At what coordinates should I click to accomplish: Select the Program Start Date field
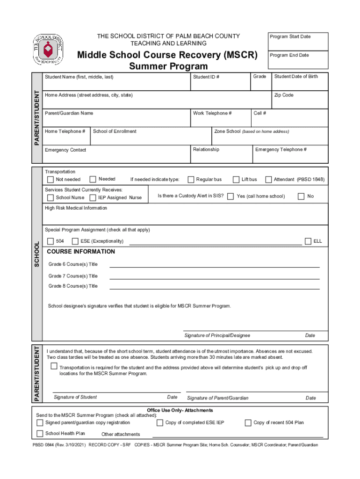(297, 41)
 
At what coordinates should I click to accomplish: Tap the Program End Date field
(297, 60)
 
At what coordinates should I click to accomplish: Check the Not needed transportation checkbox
(50, 180)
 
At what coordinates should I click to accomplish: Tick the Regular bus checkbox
(191, 180)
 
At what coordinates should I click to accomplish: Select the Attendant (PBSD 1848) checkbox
(268, 180)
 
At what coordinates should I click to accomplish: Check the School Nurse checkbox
(50, 197)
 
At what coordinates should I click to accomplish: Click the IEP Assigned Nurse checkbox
(92, 197)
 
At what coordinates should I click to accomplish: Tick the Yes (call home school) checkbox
(230, 196)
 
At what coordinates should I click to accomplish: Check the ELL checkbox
(308, 241)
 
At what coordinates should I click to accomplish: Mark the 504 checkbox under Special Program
(50, 241)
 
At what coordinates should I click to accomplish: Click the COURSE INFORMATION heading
(81, 252)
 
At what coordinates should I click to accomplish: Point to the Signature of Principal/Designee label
(217, 335)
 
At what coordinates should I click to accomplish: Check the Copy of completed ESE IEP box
(160, 423)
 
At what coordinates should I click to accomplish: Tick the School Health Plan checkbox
(40, 433)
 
